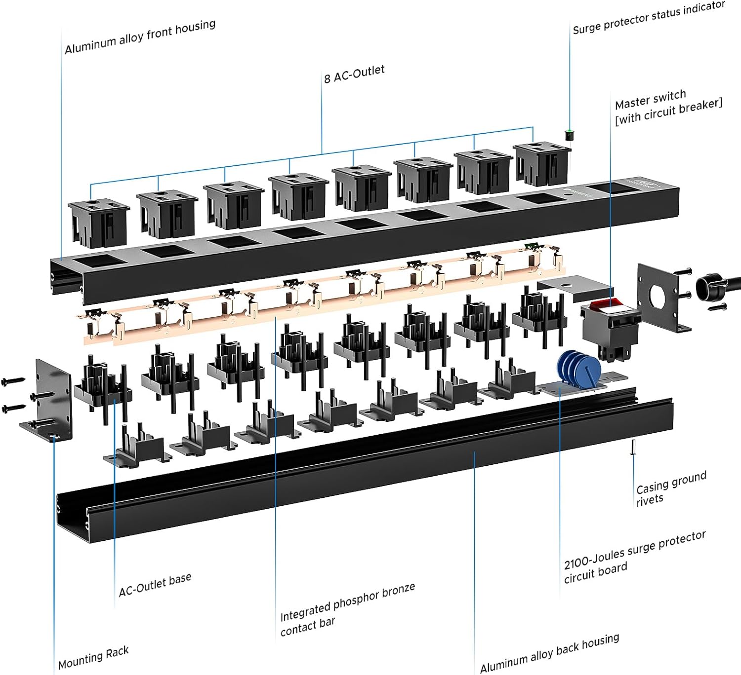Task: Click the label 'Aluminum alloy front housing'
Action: [x=140, y=37]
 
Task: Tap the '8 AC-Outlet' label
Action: [x=354, y=74]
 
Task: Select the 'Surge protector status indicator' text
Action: [x=649, y=18]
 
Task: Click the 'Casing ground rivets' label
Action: [x=670, y=488]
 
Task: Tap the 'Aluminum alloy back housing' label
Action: [x=549, y=653]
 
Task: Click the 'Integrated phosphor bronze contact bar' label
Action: [x=347, y=610]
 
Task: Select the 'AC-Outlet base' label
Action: [x=155, y=585]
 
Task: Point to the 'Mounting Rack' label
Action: [x=93, y=657]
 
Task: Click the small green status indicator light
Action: [x=569, y=133]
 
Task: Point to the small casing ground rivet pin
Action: [x=633, y=447]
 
